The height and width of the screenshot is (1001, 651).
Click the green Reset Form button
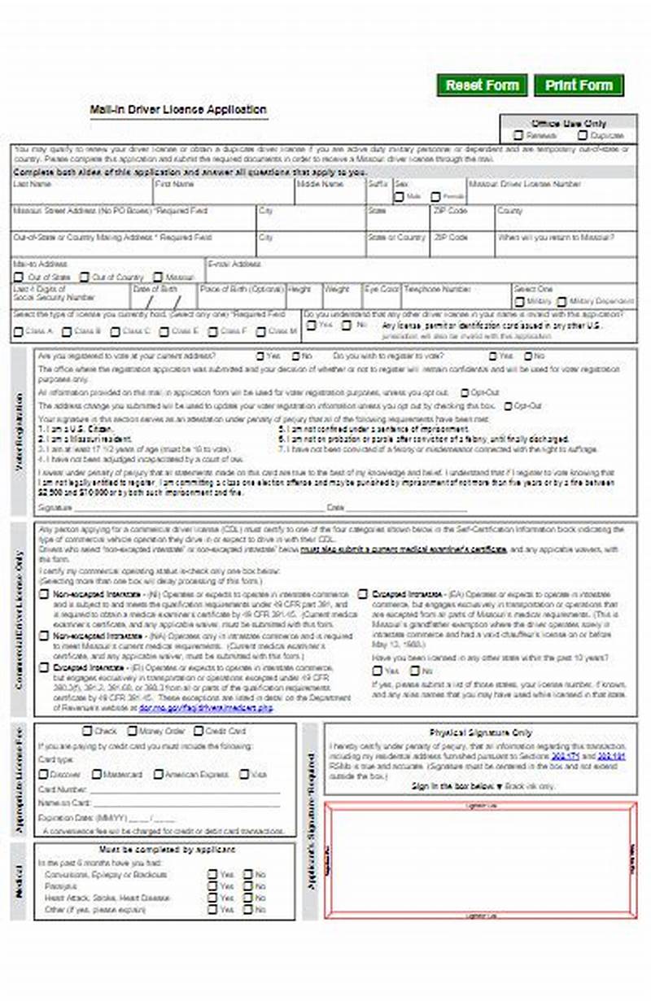pos(482,85)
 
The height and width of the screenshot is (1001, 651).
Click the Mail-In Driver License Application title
pos(178,110)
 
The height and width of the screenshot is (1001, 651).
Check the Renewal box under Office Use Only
pos(518,136)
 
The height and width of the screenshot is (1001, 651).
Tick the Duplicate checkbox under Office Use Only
pos(583,136)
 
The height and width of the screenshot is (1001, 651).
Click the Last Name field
pos(81,195)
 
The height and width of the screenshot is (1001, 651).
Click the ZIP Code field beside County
pos(461,221)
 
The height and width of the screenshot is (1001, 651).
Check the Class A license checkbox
pos(18,332)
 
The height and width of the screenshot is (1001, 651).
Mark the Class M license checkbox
pos(261,332)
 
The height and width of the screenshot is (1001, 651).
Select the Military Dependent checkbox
pos(561,302)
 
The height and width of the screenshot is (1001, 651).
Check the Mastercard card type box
pos(97,775)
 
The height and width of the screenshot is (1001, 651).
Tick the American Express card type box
pos(159,775)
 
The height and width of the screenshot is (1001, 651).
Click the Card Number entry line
pos(183,790)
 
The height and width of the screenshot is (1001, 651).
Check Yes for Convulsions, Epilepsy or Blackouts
pos(212,875)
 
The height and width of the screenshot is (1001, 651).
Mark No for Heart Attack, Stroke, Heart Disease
pos(249,898)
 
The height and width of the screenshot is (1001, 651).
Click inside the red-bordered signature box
pos(480,859)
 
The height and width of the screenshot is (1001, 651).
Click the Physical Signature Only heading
pos(480,732)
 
